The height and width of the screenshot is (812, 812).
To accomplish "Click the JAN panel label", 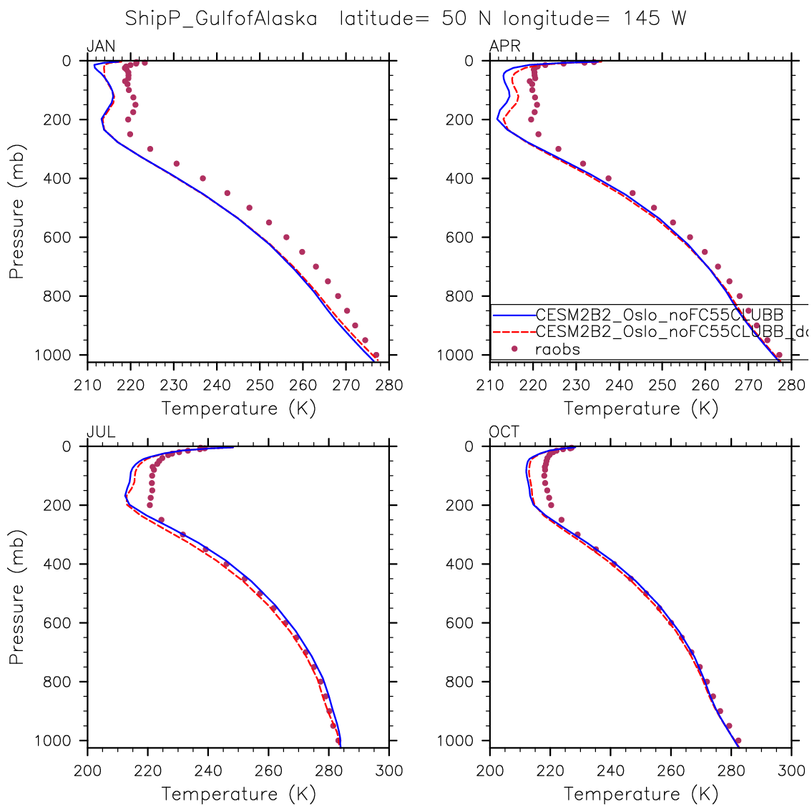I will tap(100, 47).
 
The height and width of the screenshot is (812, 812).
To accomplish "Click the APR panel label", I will tap(504, 47).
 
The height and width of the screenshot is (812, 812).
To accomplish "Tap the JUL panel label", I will tap(101, 432).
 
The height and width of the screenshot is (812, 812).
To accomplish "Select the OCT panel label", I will tap(504, 432).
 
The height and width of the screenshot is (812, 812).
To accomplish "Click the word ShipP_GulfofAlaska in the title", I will tap(221, 19).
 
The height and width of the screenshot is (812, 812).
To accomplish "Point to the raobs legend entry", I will tap(557, 349).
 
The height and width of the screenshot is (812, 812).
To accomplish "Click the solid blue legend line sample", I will tap(513, 314).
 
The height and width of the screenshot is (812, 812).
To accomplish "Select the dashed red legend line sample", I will tap(513, 331).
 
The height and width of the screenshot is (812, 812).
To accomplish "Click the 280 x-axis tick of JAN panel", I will tap(389, 385).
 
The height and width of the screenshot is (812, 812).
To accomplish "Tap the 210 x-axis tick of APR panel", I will tap(490, 385).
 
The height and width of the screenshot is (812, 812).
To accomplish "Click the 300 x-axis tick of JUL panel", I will tap(389, 771).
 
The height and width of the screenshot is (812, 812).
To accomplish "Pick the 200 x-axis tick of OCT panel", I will tap(490, 771).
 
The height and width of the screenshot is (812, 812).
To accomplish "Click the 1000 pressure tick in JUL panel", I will tap(54, 741).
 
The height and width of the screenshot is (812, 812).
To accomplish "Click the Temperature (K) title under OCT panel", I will tap(641, 794).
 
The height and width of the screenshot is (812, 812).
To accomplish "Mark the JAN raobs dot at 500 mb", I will tap(250, 207).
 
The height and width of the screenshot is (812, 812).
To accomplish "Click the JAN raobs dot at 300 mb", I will tap(150, 149).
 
